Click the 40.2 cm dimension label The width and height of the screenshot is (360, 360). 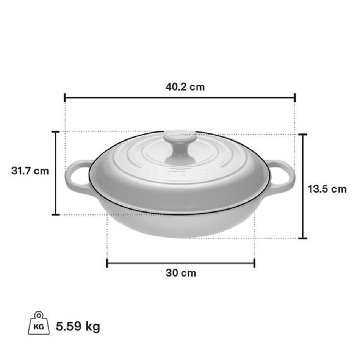click(185, 87)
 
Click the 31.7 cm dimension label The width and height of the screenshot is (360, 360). click(30, 171)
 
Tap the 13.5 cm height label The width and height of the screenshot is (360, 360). click(327, 189)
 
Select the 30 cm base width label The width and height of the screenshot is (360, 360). click(181, 273)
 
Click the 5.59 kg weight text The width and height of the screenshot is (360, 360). click(78, 326)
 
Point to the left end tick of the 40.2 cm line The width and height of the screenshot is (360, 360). click(65, 98)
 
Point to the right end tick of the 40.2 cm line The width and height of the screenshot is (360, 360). click(295, 98)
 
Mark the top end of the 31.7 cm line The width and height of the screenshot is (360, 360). click(56, 132)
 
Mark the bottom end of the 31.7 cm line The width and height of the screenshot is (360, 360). click(56, 214)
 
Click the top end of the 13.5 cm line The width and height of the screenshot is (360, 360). click(302, 135)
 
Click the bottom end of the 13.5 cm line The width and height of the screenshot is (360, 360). click(302, 238)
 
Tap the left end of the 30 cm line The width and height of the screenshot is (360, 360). click(107, 263)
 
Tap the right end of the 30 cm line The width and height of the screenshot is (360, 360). click(254, 263)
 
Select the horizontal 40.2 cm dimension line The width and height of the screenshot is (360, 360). click(152, 98)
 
